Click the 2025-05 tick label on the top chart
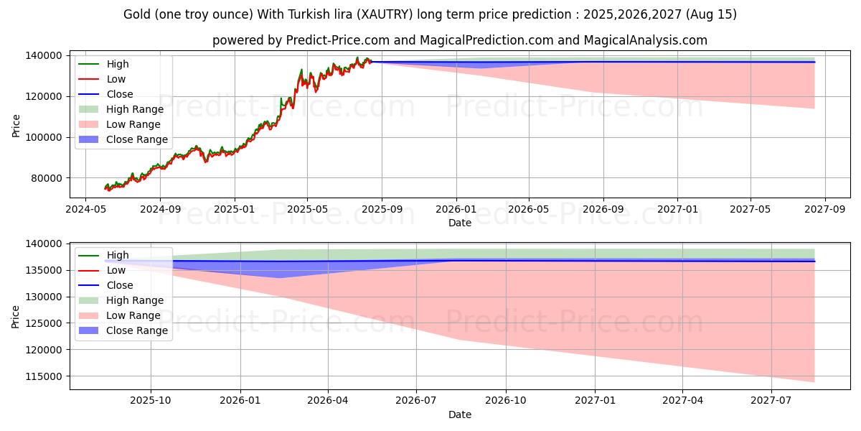tap(307, 209)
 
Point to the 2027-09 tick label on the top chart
tap(825, 209)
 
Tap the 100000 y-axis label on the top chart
tap(44, 137)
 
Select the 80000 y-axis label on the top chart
tap(47, 178)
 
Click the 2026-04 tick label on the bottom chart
tap(328, 401)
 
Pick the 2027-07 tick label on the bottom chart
tap(771, 401)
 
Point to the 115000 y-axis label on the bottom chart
tap(44, 376)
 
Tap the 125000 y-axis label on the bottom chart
tap(44, 323)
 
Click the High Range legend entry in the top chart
tap(121, 109)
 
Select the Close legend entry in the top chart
tap(106, 94)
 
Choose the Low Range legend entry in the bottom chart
tap(120, 315)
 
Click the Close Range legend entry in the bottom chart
tap(123, 330)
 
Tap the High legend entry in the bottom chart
tap(104, 255)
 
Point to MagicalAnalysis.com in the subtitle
tap(645, 40)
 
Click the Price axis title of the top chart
tap(16, 126)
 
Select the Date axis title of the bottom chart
tap(460, 414)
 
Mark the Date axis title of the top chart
tap(460, 223)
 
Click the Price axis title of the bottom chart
tap(15, 317)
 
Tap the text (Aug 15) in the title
tap(711, 14)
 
